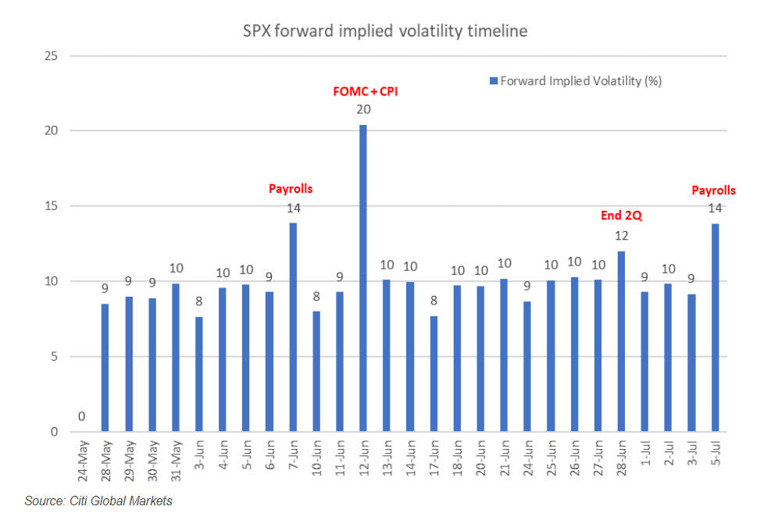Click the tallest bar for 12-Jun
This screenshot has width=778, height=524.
363,279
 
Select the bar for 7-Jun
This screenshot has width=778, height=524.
293,327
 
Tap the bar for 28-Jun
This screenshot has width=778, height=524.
621,341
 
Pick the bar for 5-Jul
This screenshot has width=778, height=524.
715,328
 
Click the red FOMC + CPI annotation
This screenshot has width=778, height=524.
366,91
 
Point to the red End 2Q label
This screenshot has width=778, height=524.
621,215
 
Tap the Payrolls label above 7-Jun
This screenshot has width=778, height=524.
291,189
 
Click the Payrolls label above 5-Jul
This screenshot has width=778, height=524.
714,190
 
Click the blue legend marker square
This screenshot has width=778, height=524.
493,81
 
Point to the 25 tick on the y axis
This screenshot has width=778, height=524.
52,56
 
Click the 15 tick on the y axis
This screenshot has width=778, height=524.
52,206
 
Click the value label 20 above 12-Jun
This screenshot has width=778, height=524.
363,110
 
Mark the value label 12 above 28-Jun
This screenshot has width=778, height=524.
621,236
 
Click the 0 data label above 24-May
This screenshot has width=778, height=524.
82,417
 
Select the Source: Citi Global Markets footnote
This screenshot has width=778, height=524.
98,501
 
